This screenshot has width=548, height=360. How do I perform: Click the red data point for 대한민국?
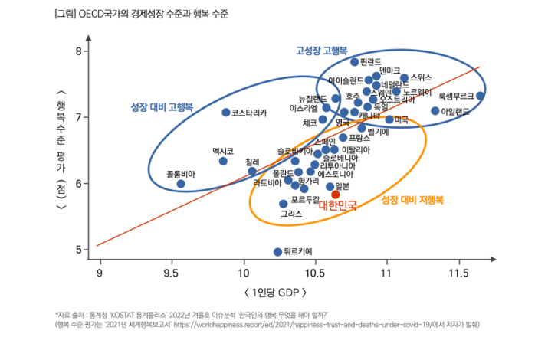point(336,195)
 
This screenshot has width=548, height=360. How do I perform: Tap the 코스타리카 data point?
point(226,113)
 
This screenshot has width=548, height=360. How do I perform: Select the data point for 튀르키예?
point(277,251)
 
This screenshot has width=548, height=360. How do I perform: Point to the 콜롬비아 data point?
point(181,184)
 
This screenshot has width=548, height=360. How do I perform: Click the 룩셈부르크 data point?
point(480,96)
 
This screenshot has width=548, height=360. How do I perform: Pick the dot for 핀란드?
point(354,61)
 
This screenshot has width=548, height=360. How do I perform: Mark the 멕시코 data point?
point(223,161)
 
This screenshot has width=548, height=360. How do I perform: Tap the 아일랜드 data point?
point(435,111)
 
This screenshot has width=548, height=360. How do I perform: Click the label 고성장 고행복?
point(323,51)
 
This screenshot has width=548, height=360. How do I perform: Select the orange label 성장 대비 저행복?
point(412,201)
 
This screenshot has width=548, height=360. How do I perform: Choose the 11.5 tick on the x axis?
point(458,273)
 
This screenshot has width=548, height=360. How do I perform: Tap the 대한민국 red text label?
point(338,205)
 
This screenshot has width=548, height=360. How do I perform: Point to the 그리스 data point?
point(283,204)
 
